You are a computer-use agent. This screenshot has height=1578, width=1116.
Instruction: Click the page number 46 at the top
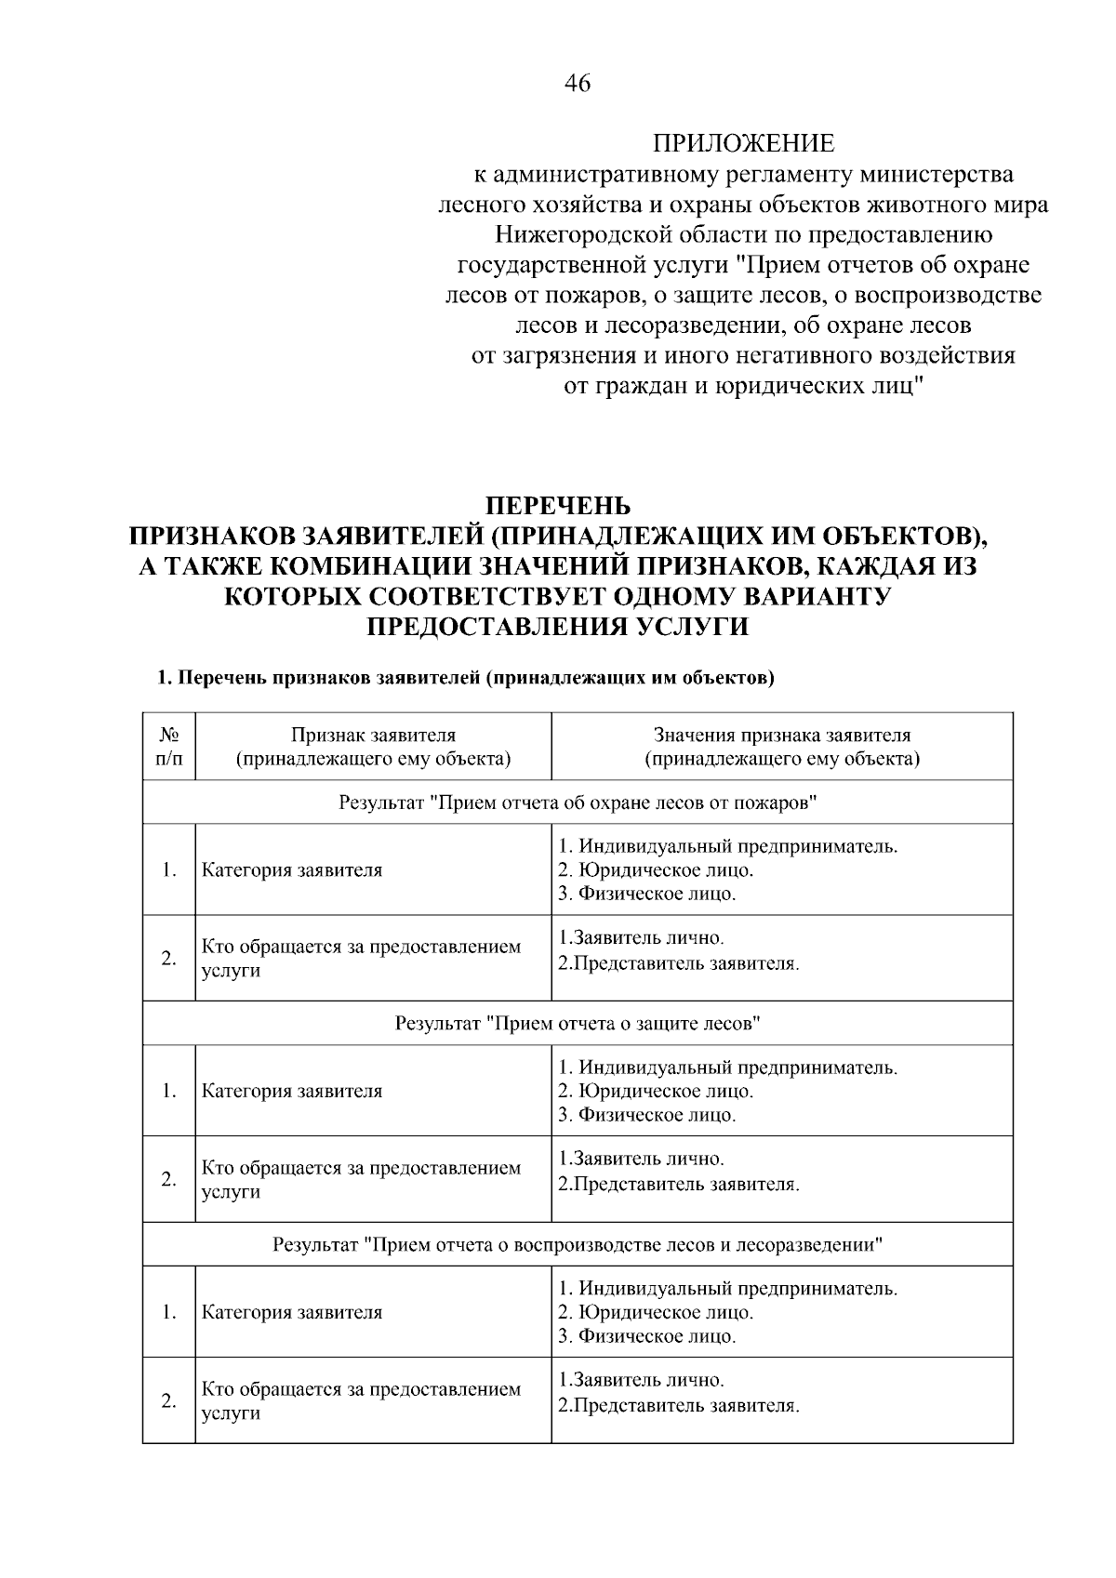[577, 84]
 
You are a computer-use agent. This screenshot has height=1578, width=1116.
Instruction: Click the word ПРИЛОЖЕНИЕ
[743, 143]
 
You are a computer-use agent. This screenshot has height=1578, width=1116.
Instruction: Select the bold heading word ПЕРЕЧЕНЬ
[559, 507]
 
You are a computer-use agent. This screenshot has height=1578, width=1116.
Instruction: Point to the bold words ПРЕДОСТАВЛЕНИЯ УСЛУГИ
[558, 627]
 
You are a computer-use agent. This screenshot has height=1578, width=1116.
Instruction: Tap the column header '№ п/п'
[168, 747]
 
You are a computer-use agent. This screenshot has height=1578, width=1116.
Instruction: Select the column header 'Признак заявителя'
[374, 747]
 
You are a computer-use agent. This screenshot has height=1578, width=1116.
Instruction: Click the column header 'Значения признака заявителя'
[782, 747]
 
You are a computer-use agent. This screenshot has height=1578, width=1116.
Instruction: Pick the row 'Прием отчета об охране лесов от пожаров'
[578, 802]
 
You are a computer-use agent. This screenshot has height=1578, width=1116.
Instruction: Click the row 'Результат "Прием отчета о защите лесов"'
[578, 1023]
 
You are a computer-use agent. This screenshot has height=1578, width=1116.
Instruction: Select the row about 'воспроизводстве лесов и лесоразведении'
[578, 1244]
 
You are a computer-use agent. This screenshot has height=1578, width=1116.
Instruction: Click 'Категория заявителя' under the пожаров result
[292, 870]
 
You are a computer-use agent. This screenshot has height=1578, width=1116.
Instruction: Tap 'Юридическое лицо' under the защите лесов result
[664, 1091]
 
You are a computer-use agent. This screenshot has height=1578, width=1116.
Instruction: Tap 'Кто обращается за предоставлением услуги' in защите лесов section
[361, 1179]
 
